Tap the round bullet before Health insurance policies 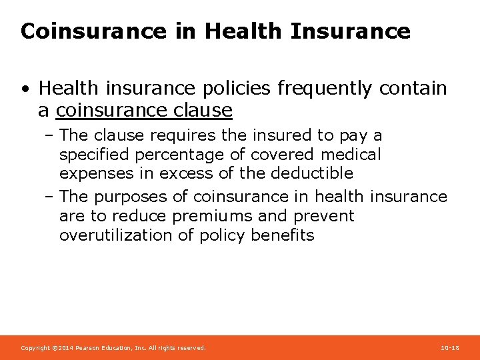[25, 89]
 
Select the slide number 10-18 [450, 348]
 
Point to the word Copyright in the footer [35, 348]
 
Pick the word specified [95, 155]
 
